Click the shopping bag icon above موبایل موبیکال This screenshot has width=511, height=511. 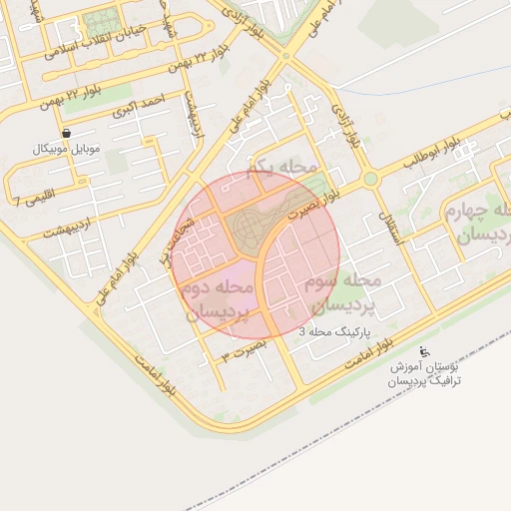(66, 133)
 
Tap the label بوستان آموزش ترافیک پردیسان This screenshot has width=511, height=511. (424, 373)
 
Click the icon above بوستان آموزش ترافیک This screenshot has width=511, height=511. (424, 351)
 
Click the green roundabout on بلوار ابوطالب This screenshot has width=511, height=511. (370, 180)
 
